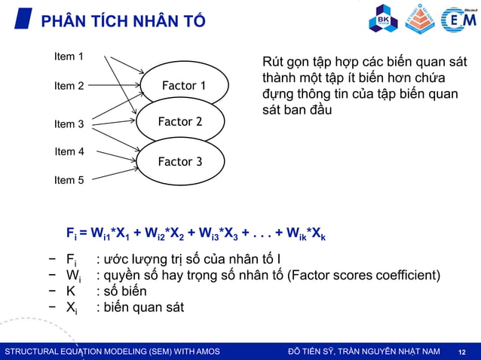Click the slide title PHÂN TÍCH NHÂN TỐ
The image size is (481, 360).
coord(122,21)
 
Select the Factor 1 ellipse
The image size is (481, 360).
coord(184,86)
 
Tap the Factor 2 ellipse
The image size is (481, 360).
coord(179,122)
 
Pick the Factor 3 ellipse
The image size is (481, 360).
coord(179,161)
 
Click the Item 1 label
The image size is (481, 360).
coord(69,56)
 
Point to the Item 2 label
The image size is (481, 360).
coord(69,86)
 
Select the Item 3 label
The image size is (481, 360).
coord(69,124)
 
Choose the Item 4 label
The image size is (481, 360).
coord(69,151)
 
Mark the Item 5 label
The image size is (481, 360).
coord(69,180)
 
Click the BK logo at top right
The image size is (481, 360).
coord(382,19)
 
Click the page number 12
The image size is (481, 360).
coord(462,352)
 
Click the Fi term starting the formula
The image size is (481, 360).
coord(72,233)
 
